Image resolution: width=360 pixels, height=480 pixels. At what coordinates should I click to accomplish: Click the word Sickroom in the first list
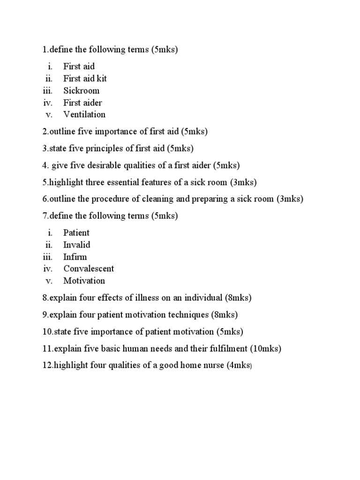[82, 90]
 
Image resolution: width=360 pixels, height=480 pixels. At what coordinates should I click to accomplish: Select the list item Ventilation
[84, 114]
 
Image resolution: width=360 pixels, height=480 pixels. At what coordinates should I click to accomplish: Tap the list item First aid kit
[85, 78]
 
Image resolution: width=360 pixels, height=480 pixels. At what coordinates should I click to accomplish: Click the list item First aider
[83, 103]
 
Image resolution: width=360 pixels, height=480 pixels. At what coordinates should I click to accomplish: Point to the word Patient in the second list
[76, 233]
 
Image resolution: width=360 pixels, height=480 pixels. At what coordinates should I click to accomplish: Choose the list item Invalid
[77, 245]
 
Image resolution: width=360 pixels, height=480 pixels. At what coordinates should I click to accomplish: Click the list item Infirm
[75, 257]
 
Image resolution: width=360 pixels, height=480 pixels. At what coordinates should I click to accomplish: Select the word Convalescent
[89, 269]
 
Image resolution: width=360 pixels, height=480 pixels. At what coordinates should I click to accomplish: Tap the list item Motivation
[84, 281]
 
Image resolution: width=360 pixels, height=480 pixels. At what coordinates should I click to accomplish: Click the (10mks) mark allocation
[266, 349]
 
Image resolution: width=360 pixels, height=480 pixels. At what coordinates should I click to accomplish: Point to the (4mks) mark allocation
[239, 366]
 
